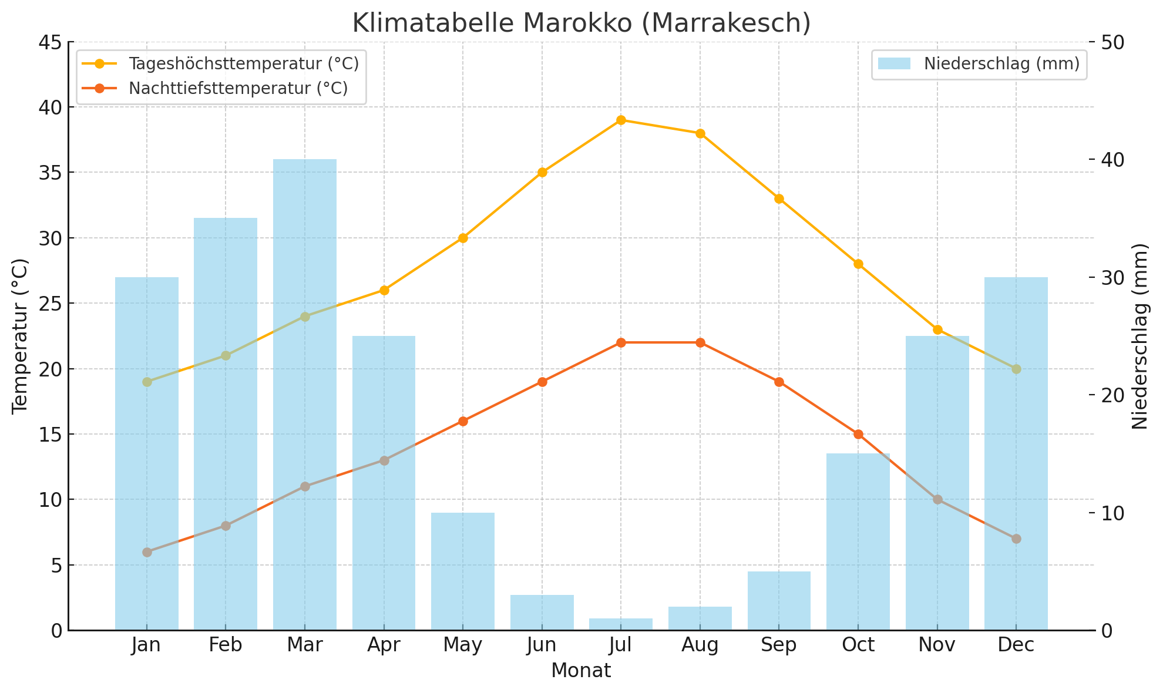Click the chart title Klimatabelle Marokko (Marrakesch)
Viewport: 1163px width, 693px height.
(581, 23)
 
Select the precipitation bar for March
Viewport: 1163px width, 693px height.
(305, 393)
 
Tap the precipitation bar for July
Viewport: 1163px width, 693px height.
(621, 624)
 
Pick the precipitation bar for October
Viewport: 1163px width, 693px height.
(858, 540)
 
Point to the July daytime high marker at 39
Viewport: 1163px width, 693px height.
(621, 120)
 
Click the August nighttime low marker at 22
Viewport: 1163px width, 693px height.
(700, 342)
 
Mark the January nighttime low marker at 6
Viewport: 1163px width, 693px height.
(147, 552)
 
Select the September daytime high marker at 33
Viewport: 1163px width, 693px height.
(779, 199)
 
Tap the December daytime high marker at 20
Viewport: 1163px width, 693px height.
(1016, 369)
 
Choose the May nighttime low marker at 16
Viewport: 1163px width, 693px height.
(463, 421)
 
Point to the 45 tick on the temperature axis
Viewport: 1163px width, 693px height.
(52, 42)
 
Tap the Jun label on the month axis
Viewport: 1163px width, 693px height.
(542, 645)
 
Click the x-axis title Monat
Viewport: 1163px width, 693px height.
(581, 671)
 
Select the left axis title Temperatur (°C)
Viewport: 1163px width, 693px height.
(20, 336)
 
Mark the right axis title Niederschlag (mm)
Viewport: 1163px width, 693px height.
(1140, 336)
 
